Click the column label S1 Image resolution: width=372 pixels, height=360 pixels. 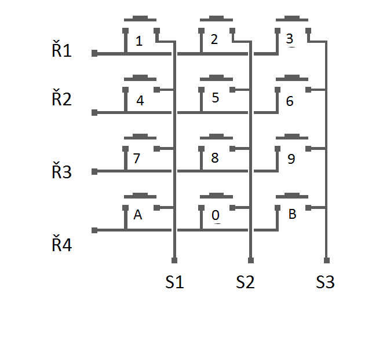click(x=174, y=282)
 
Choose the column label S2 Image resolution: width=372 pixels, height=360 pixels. click(x=245, y=282)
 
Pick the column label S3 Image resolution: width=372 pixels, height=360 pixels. click(x=325, y=282)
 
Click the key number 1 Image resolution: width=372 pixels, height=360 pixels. click(x=138, y=41)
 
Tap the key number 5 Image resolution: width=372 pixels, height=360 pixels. click(x=216, y=98)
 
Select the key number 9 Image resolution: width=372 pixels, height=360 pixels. click(x=291, y=159)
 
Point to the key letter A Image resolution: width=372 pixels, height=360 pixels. click(x=138, y=215)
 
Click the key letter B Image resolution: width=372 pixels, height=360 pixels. click(x=292, y=214)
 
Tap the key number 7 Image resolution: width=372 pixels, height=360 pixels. click(x=137, y=159)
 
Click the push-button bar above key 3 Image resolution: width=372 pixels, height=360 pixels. click(x=291, y=19)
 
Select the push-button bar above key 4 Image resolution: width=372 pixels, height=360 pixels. click(x=140, y=78)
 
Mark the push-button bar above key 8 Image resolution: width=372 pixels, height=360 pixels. click(x=216, y=138)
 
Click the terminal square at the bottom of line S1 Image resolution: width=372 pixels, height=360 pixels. click(x=174, y=260)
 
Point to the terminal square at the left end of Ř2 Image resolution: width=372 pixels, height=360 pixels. click(x=94, y=112)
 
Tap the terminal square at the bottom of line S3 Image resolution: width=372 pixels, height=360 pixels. click(x=326, y=260)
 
